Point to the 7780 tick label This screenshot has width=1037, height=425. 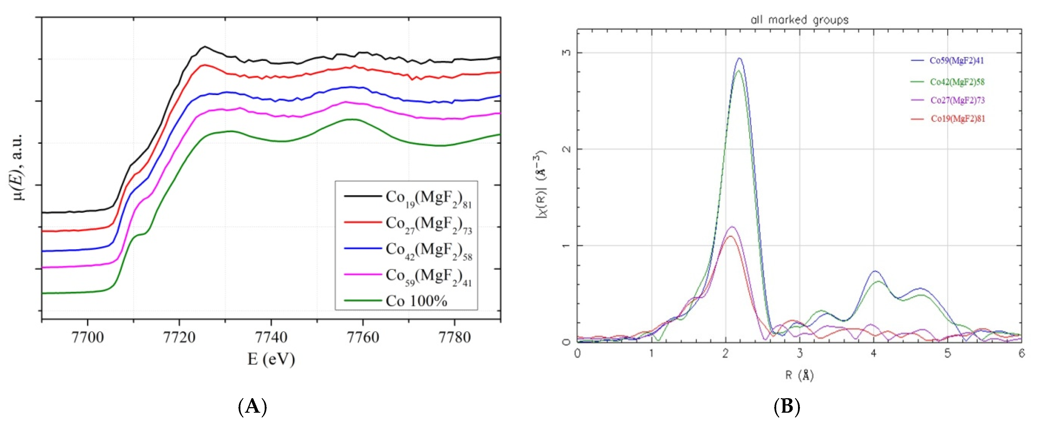[454, 337]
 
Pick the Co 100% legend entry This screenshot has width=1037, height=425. [416, 301]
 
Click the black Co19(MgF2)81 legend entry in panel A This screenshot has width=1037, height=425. [428, 198]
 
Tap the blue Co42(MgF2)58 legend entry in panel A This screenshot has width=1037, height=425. [428, 251]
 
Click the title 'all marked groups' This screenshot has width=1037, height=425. [799, 20]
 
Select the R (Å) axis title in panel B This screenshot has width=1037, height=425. [799, 376]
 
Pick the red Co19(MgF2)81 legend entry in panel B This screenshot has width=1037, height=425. [957, 119]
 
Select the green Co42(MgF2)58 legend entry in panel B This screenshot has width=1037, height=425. [956, 82]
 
